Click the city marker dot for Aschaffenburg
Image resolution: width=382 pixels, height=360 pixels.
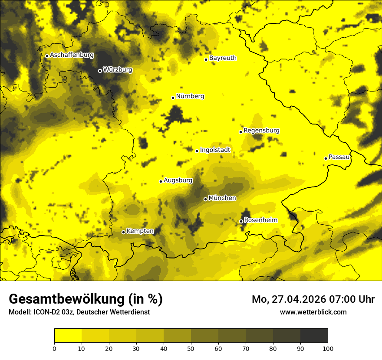tap(47, 56)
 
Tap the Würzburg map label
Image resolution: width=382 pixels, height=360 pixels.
tap(118, 70)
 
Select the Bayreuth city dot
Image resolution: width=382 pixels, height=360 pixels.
tap(206, 59)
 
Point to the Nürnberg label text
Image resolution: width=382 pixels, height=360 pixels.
tap(190, 96)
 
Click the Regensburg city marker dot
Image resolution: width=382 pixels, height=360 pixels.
tap(240, 132)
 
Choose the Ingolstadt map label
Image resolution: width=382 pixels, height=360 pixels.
tap(215, 150)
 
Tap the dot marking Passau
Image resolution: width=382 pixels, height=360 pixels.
tap(326, 158)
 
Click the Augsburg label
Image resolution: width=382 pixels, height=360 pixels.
tap(178, 180)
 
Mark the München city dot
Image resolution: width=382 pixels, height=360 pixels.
tap(205, 200)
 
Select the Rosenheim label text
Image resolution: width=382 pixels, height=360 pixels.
tap(260, 220)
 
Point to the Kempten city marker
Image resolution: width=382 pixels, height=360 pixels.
tap(123, 232)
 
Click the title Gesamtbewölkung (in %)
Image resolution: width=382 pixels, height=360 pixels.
tap(86, 299)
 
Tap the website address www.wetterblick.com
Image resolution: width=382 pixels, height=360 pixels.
tap(313, 312)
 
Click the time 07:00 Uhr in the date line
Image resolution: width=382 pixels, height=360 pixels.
tap(352, 299)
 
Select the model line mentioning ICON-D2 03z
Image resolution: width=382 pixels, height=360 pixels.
tap(79, 312)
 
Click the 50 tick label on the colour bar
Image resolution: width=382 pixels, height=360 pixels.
tap(191, 348)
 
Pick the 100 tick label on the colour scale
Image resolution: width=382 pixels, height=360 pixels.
tap(328, 348)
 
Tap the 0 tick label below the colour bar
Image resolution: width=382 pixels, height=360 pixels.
tap(54, 348)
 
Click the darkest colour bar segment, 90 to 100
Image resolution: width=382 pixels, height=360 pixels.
tap(314, 336)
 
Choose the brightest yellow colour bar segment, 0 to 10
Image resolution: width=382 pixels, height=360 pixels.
tap(68, 336)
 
